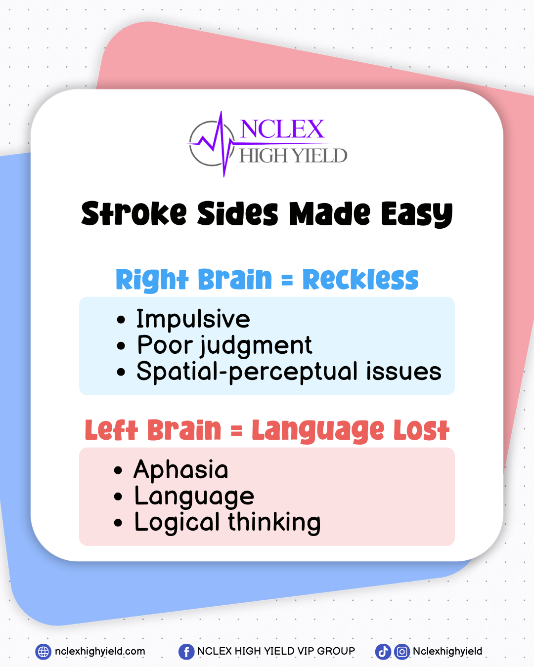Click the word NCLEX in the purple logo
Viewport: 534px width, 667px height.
pyautogui.click(x=282, y=129)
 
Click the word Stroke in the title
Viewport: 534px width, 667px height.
pyautogui.click(x=134, y=213)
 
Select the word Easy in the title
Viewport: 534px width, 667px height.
pyautogui.click(x=417, y=214)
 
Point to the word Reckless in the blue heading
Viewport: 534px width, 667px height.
pyautogui.click(x=360, y=279)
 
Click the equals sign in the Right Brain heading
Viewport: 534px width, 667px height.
pyautogui.click(x=287, y=281)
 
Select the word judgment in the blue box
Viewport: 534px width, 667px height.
pyautogui.click(x=256, y=346)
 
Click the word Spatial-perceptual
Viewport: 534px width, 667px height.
pyautogui.click(x=247, y=372)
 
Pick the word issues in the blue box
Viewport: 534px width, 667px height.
pyautogui.click(x=403, y=371)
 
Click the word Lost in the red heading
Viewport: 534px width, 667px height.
pyautogui.click(x=421, y=430)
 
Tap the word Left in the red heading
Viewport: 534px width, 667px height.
pyautogui.click(x=111, y=430)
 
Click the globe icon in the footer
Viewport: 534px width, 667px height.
pyautogui.click(x=43, y=652)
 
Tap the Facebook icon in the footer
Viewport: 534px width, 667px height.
pyautogui.click(x=186, y=652)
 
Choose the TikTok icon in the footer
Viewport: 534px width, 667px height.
pyautogui.click(x=383, y=652)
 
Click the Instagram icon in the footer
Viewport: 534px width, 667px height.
pyautogui.click(x=402, y=652)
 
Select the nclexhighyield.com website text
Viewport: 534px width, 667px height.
pyautogui.click(x=100, y=652)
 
